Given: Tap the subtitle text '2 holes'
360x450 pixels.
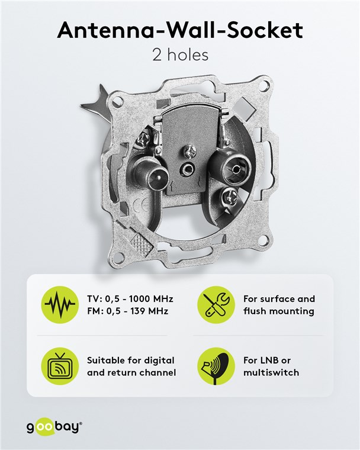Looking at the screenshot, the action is pyautogui.click(x=180, y=54).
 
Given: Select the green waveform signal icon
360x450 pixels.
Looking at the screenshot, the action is pyautogui.click(x=60, y=304).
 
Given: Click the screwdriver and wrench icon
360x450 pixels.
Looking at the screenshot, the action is pyautogui.click(x=216, y=304).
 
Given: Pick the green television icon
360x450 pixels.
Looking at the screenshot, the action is pyautogui.click(x=60, y=366).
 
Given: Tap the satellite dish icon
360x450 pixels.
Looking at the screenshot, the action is pyautogui.click(x=216, y=366).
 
